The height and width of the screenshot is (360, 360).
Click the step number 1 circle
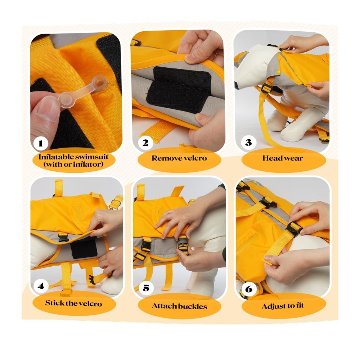[x=41, y=144]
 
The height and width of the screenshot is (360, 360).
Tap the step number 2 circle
[x=145, y=143]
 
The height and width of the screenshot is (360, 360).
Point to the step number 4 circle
[x=41, y=286]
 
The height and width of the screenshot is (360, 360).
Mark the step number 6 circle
[x=249, y=289]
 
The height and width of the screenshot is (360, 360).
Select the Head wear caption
[x=283, y=158]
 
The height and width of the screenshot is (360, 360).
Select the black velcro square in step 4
[x=84, y=248]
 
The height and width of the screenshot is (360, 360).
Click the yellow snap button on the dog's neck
[x=278, y=72]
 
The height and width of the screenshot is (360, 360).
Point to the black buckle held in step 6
[x=294, y=229]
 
